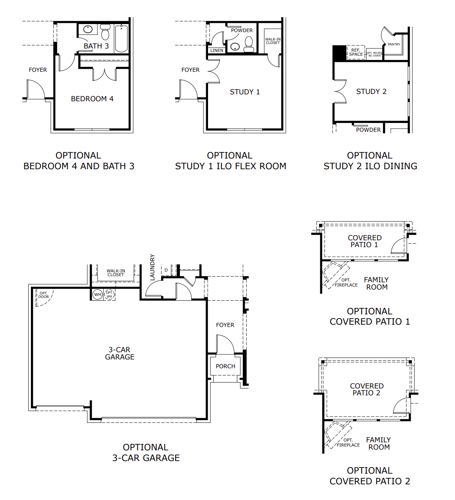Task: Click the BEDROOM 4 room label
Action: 92,99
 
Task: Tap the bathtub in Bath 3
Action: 121,38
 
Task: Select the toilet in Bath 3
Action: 105,33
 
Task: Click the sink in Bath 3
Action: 88,29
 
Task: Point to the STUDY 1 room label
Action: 245,92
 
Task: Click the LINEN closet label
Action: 216,50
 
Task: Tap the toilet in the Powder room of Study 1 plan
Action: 249,44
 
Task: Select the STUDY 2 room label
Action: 371,91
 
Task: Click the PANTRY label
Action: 394,44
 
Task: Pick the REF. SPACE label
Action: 356,52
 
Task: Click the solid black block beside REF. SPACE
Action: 339,53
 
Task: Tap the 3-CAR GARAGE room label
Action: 119,353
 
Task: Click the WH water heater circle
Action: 98,294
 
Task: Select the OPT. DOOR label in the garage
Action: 44,295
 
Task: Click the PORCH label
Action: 225,366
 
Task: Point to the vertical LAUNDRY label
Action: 152,267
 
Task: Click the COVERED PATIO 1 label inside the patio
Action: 365,241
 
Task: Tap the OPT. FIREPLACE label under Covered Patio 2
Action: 348,442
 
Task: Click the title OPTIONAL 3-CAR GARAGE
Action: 146,452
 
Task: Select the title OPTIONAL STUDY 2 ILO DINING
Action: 370,161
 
